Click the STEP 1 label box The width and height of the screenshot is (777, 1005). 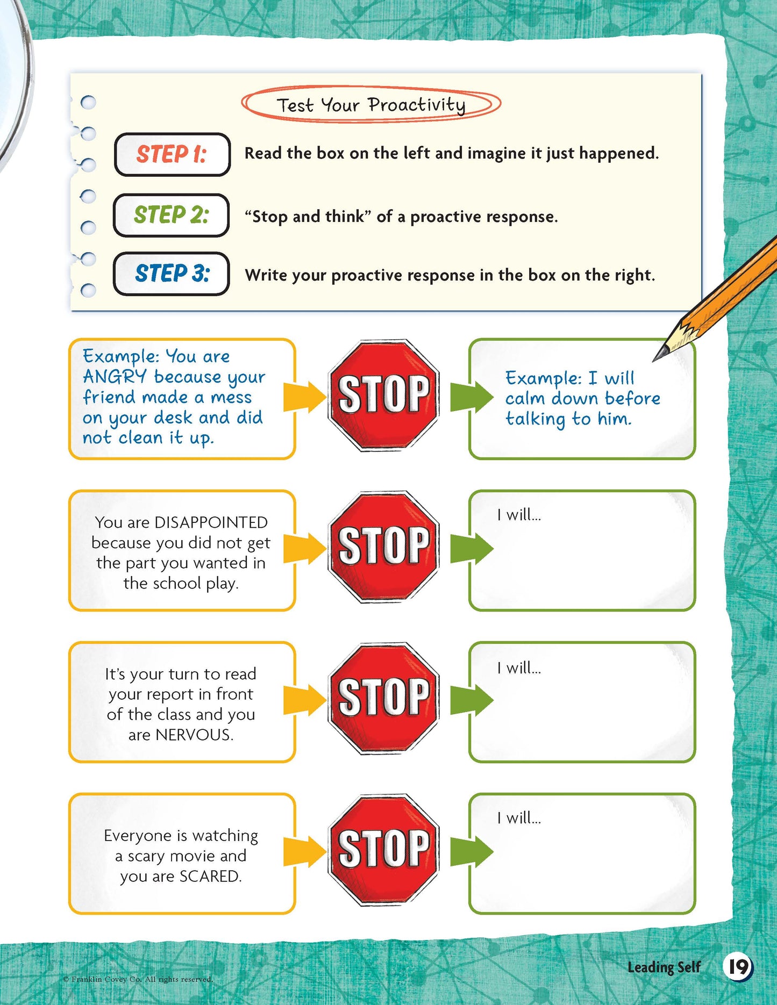pyautogui.click(x=172, y=154)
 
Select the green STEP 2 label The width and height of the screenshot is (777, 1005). pyautogui.click(x=171, y=215)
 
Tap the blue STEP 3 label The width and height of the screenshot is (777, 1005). pyautogui.click(x=171, y=274)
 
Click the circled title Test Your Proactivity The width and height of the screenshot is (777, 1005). pyautogui.click(x=371, y=104)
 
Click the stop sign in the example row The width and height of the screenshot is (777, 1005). pyautogui.click(x=383, y=395)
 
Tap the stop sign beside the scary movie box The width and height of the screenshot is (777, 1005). pyautogui.click(x=383, y=850)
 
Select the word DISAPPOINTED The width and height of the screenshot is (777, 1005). pyautogui.click(x=211, y=522)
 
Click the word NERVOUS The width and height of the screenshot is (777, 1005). pyautogui.click(x=194, y=735)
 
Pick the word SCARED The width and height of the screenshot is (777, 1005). pyautogui.click(x=211, y=876)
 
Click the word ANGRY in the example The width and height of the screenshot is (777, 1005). pyautogui.click(x=115, y=377)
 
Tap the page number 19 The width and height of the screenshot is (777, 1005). pyautogui.click(x=738, y=967)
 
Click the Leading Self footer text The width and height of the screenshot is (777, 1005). pyautogui.click(x=664, y=967)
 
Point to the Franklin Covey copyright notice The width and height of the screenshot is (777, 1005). pyautogui.click(x=138, y=979)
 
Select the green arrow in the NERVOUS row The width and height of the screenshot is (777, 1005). pyautogui.click(x=472, y=700)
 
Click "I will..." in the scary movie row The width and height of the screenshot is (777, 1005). pyautogui.click(x=519, y=818)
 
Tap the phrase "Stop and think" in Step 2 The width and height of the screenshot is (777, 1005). pyautogui.click(x=308, y=217)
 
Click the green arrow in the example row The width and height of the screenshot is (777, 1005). pyautogui.click(x=472, y=397)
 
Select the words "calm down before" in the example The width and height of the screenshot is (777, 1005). pyautogui.click(x=583, y=399)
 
